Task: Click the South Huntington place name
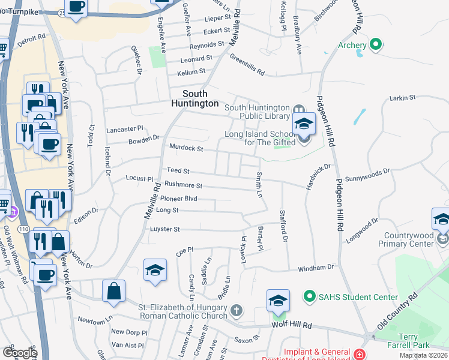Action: pos(194,98)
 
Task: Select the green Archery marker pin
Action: pos(376,44)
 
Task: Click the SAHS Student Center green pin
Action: pos(310,296)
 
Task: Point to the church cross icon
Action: pos(237,310)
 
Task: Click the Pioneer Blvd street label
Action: pos(178,198)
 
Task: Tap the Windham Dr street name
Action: pos(315,267)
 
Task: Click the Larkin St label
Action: pos(402,97)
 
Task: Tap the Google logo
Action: pos(20,352)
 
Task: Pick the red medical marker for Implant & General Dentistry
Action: pos(359,355)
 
